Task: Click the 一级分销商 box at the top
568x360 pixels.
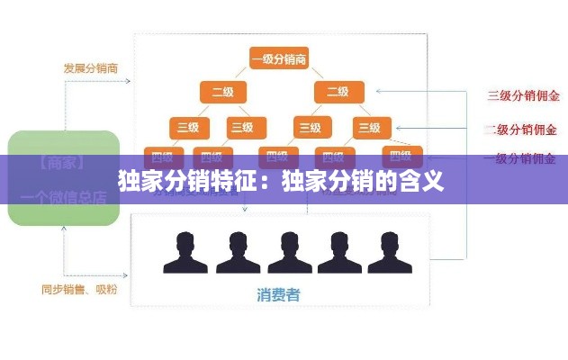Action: click(x=279, y=59)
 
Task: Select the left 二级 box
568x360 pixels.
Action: click(x=222, y=92)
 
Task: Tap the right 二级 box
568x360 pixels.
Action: click(x=338, y=92)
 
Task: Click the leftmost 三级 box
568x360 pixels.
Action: click(x=188, y=128)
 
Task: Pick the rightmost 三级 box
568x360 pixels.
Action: click(x=367, y=128)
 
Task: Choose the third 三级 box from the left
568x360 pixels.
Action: click(x=310, y=128)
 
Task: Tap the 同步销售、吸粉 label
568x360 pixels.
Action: click(x=79, y=290)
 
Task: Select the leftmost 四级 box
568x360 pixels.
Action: click(x=163, y=154)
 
